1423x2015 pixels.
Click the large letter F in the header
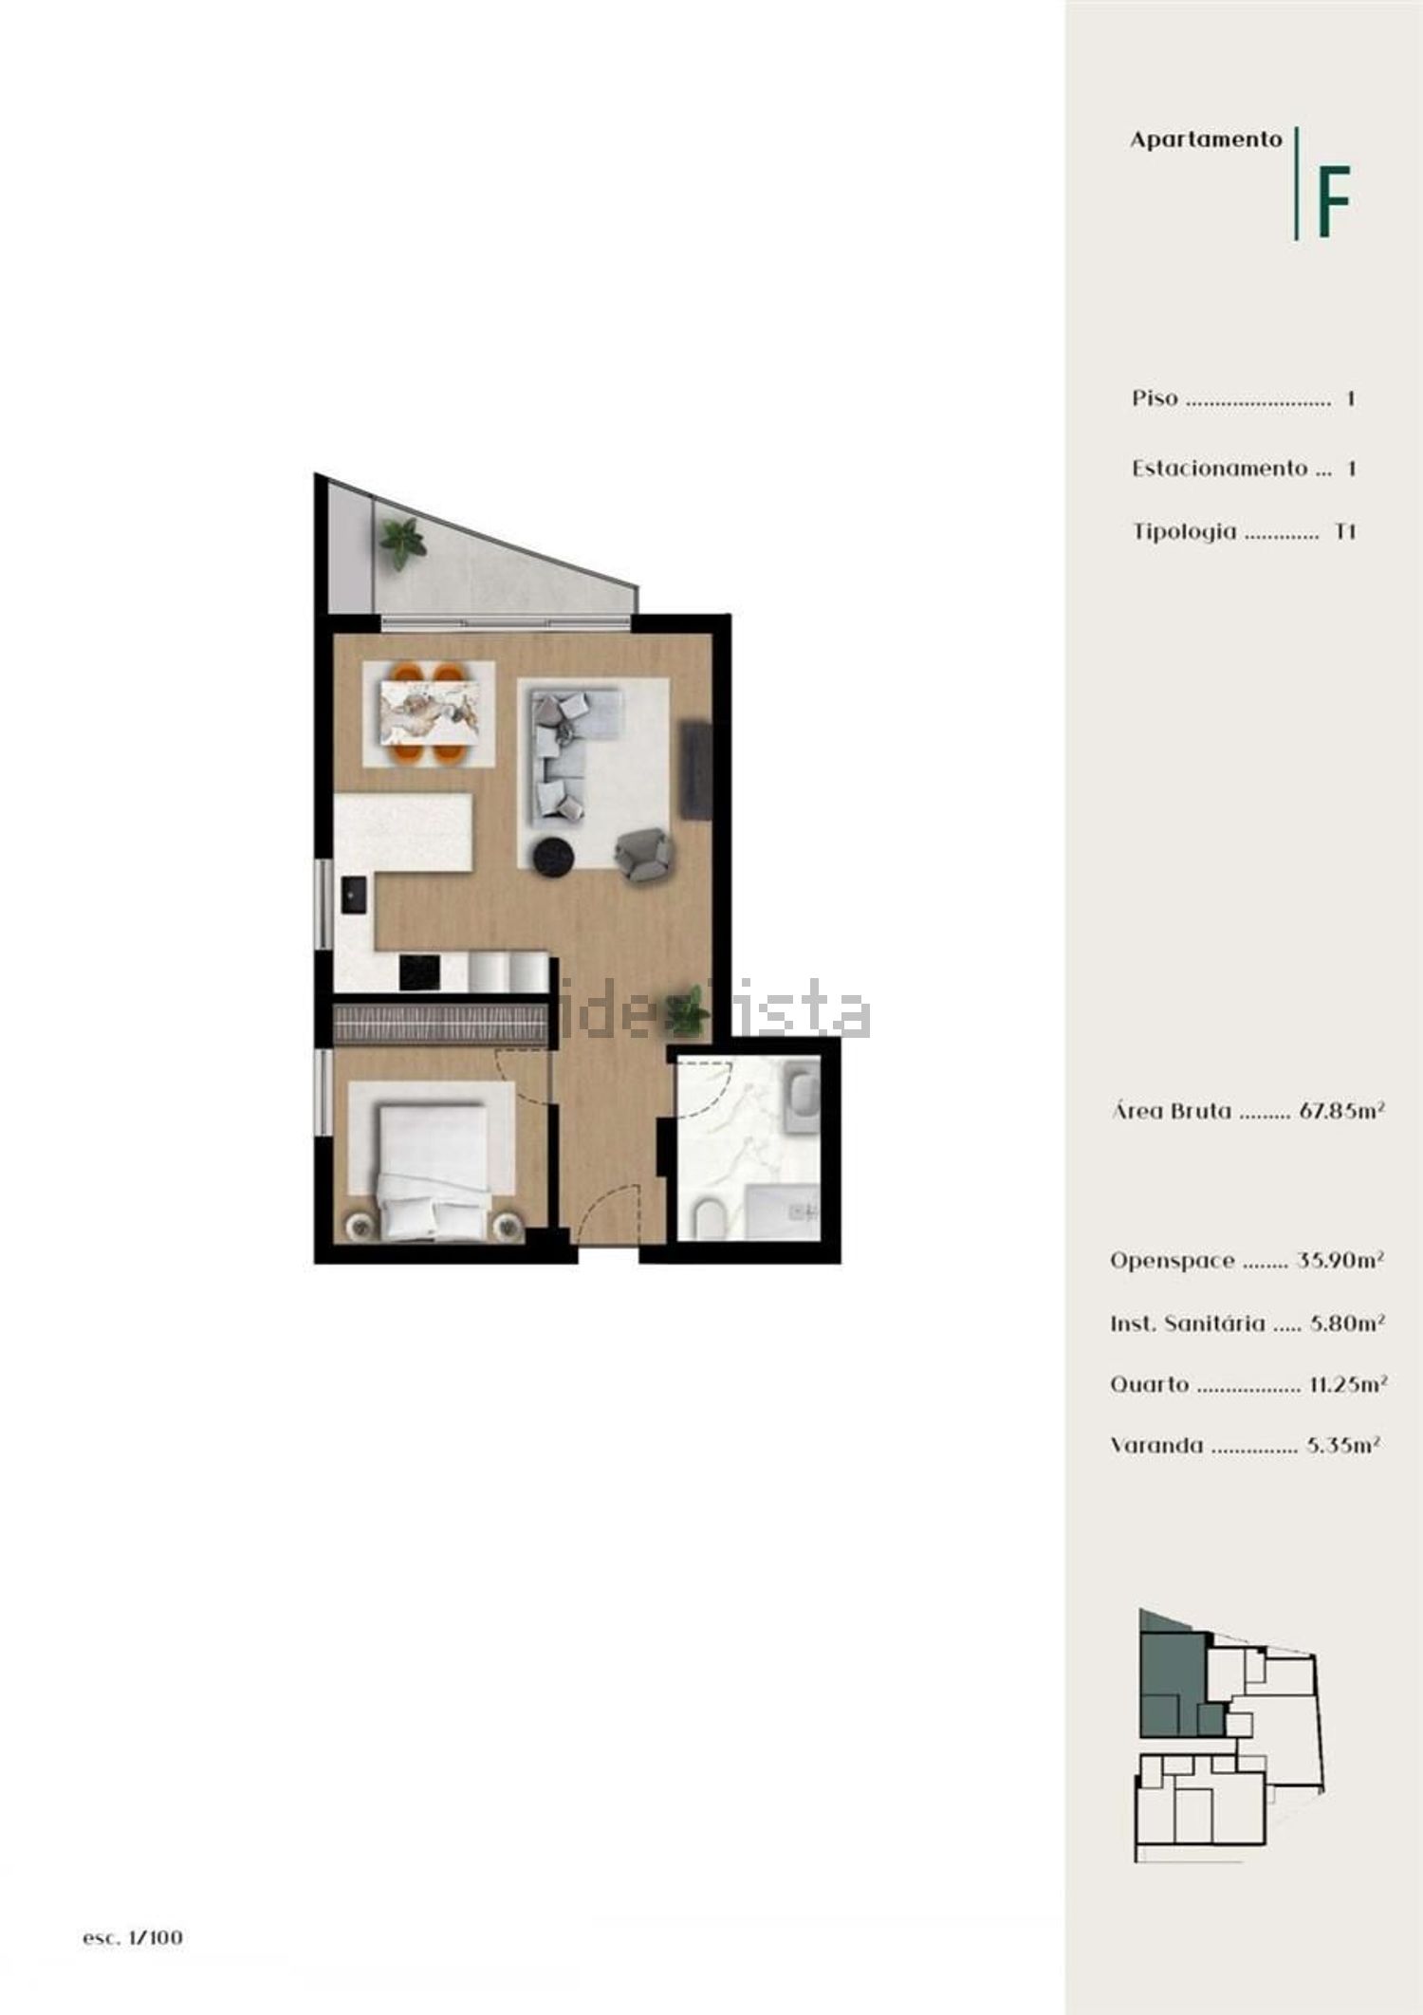tap(1333, 202)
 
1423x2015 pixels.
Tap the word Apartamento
tap(1206, 139)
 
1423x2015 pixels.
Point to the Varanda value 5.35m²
tap(1342, 1445)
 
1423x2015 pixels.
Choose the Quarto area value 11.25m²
tap(1348, 1383)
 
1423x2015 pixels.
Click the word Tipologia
tap(1185, 531)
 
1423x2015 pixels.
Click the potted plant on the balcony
tap(403, 543)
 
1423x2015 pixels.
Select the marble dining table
tap(429, 712)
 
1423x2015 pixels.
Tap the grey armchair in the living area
tap(644, 852)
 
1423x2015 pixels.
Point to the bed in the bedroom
tap(433, 1173)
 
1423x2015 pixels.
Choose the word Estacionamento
tap(1220, 468)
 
